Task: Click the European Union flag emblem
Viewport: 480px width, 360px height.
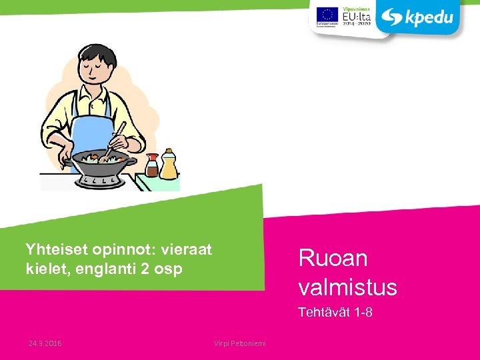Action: point(327,15)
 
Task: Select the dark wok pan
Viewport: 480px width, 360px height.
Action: point(100,161)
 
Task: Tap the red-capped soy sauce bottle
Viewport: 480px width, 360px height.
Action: point(152,166)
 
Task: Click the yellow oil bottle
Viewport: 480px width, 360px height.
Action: point(169,164)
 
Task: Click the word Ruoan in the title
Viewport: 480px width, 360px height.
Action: point(333,258)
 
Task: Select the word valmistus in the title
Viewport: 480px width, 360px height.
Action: point(347,287)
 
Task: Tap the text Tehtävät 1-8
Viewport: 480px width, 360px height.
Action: point(335,312)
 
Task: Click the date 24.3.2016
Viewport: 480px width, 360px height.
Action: point(45,343)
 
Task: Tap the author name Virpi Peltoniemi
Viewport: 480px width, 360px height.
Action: point(239,343)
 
